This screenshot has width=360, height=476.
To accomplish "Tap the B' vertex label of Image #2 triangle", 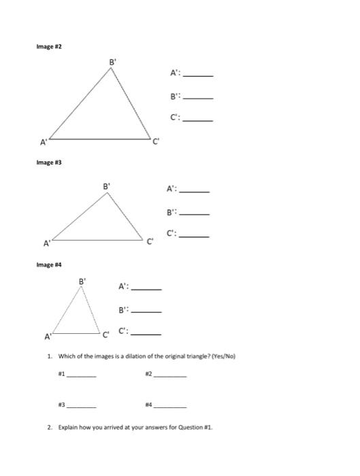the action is tap(113, 63).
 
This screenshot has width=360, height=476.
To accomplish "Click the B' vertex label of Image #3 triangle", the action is tap(106, 186).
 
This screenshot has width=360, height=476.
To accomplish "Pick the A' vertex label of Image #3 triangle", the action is tap(47, 242).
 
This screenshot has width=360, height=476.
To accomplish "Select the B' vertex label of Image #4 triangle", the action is tap(82, 279).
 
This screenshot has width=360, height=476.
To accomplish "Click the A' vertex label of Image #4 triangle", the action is tap(48, 337).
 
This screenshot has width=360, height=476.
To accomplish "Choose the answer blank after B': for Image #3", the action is tap(195, 214).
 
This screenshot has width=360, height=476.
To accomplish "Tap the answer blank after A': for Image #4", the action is tap(146, 289).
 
